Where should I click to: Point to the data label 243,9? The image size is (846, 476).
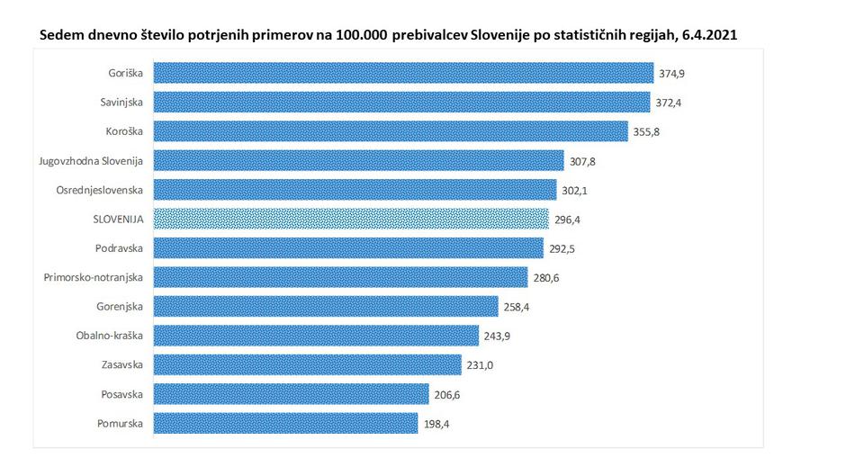(x=498, y=336)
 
